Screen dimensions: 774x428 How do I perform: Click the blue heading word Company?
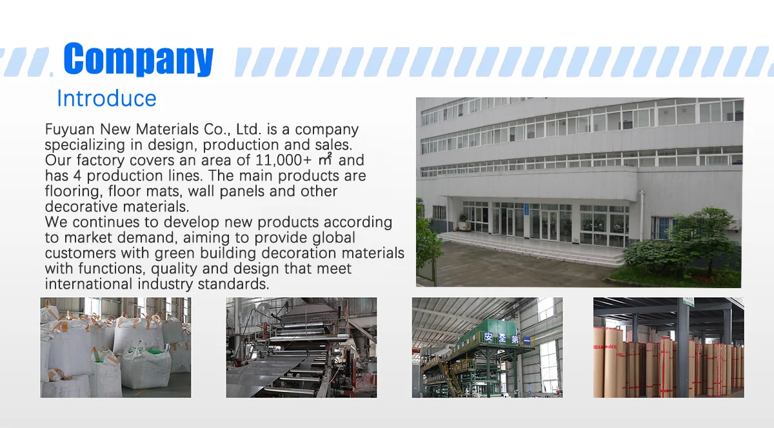138,59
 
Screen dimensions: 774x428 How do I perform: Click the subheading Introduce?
106,99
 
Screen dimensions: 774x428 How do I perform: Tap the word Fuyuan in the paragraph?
70,130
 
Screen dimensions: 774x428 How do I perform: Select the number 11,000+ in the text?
283,160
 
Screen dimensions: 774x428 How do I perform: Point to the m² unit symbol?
325,159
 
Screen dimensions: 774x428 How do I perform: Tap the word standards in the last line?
233,284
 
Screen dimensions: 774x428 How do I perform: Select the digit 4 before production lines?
77,176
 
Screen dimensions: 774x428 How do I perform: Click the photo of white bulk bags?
115,347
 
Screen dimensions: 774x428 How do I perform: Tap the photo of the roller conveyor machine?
301,347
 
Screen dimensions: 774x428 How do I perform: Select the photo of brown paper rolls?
669,347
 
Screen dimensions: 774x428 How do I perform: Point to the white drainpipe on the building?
642,216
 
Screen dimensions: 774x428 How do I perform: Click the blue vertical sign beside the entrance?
526,209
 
